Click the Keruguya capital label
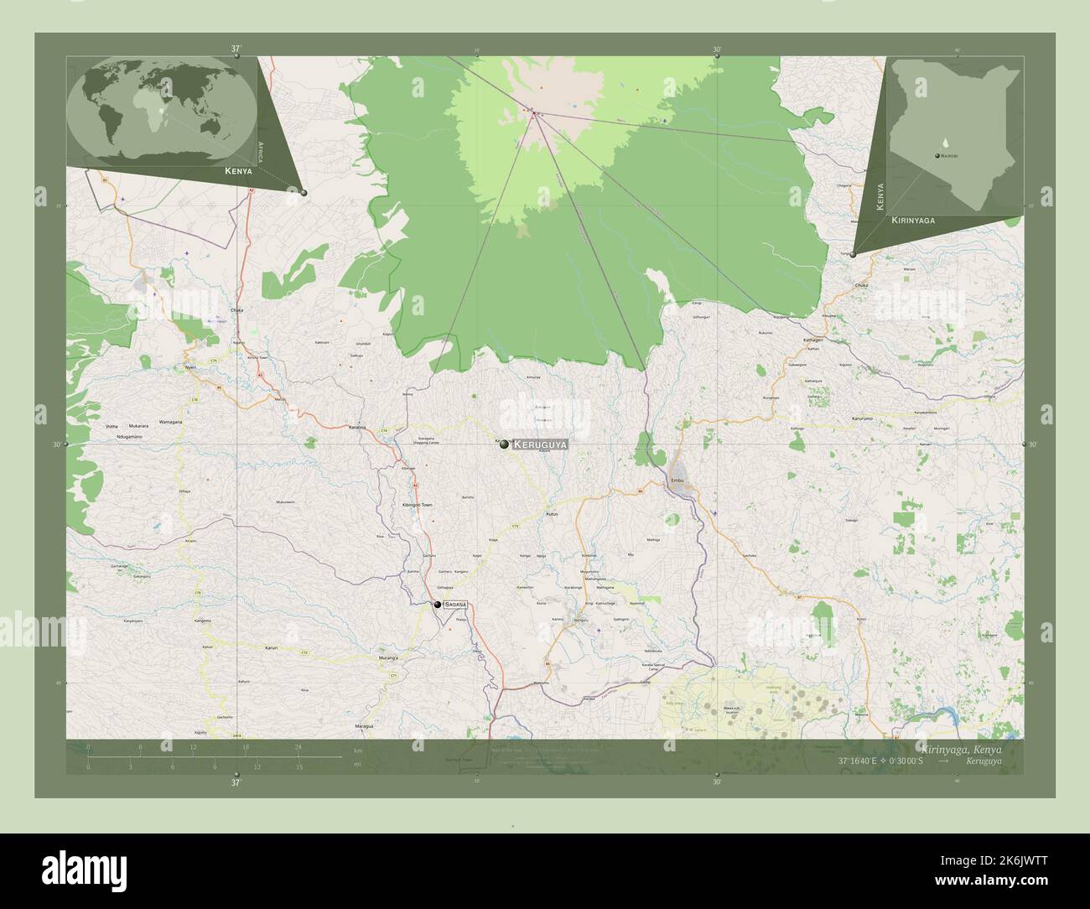click(x=540, y=444)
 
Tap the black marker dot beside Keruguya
click(x=504, y=444)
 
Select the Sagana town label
click(x=455, y=604)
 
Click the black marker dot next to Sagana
click(x=437, y=604)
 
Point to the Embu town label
click(x=677, y=480)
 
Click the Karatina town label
click(x=358, y=428)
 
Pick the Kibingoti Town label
click(x=417, y=506)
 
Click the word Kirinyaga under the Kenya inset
click(x=913, y=219)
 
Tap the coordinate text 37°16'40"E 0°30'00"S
click(x=880, y=761)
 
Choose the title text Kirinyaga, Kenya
click(x=958, y=747)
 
